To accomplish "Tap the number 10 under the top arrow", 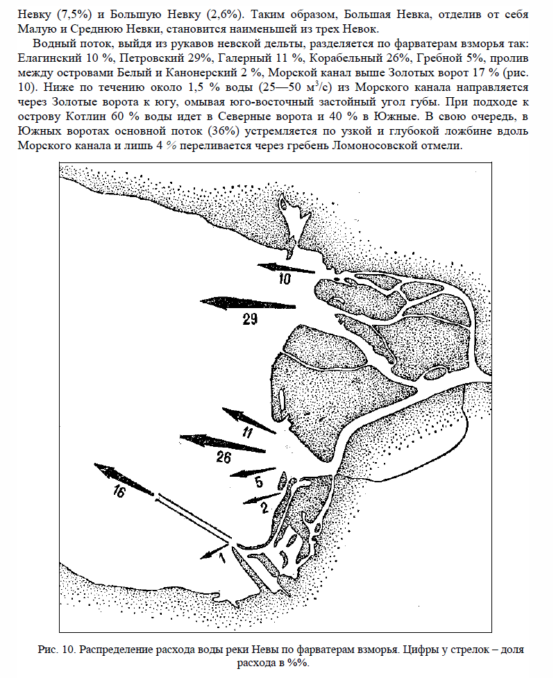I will pyautogui.click(x=286, y=280).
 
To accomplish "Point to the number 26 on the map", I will pyautogui.click(x=224, y=457).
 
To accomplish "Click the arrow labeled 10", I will pyautogui.click(x=285, y=268).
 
